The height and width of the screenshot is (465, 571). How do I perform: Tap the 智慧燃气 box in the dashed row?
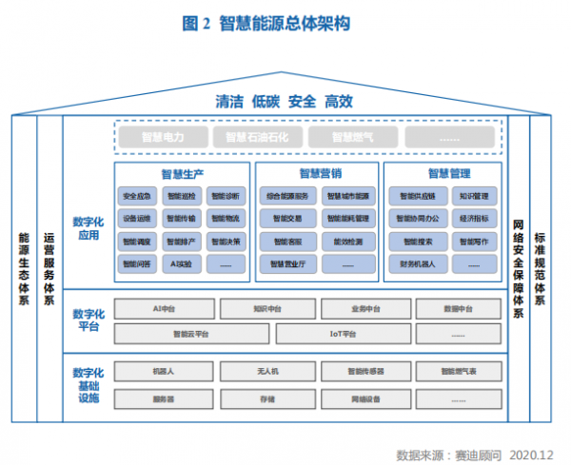tap(354, 137)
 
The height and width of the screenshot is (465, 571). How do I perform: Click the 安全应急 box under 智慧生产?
tap(137, 197)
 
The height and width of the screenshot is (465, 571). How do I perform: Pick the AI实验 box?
tap(181, 262)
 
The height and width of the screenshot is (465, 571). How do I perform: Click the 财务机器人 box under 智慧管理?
tap(418, 262)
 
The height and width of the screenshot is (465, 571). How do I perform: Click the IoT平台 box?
tap(343, 334)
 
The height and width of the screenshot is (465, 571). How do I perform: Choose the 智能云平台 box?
tap(190, 334)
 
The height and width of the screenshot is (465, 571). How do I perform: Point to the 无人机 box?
tap(266, 371)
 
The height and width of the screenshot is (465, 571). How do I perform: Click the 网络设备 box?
tap(365, 399)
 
